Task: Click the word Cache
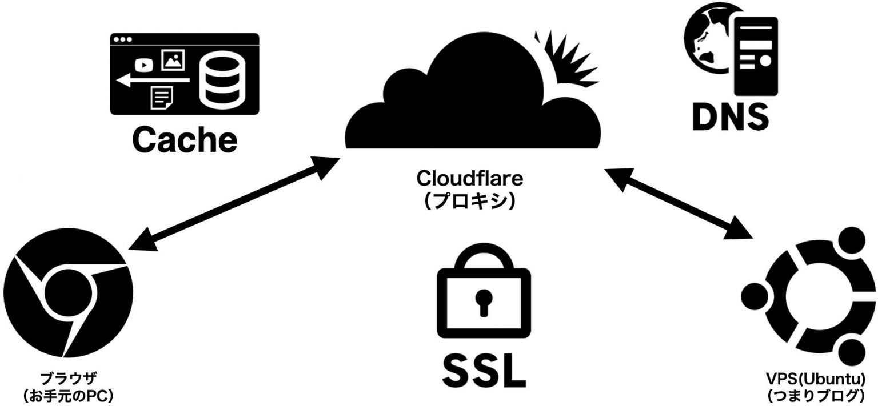point(185,139)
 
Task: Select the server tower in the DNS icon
point(756,54)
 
